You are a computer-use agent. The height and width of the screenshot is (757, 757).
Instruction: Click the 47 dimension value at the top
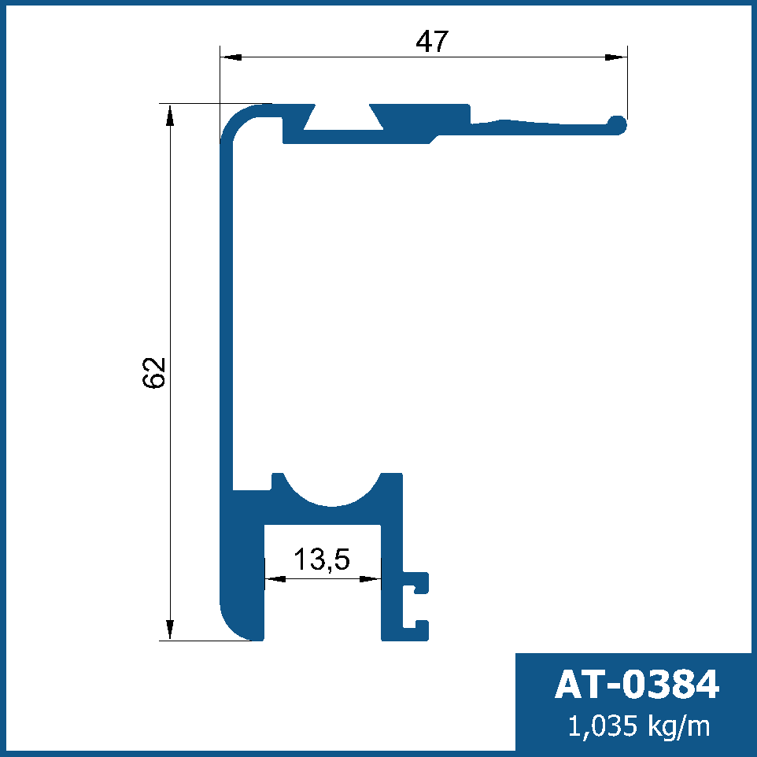pos(432,41)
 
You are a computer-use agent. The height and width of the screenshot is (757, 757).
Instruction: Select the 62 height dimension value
pos(154,373)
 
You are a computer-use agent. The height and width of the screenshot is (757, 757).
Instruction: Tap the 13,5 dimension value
pos(322,559)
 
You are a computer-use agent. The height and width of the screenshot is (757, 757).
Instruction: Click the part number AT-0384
pos(637,684)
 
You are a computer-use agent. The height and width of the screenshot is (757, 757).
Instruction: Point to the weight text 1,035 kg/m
pos(639,726)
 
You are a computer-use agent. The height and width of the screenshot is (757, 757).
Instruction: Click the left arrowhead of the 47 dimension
pos(231,57)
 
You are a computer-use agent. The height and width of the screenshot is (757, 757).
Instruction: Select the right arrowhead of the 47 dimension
pos(615,57)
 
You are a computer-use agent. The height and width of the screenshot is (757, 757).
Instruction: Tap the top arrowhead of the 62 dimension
pos(169,116)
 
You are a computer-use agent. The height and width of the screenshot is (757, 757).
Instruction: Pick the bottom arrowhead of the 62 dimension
pos(169,630)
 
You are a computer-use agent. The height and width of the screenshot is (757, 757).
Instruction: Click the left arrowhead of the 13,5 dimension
pos(275,578)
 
